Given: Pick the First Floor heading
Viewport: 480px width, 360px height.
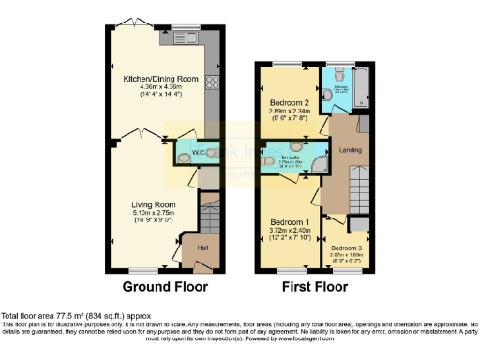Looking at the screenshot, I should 322,286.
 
